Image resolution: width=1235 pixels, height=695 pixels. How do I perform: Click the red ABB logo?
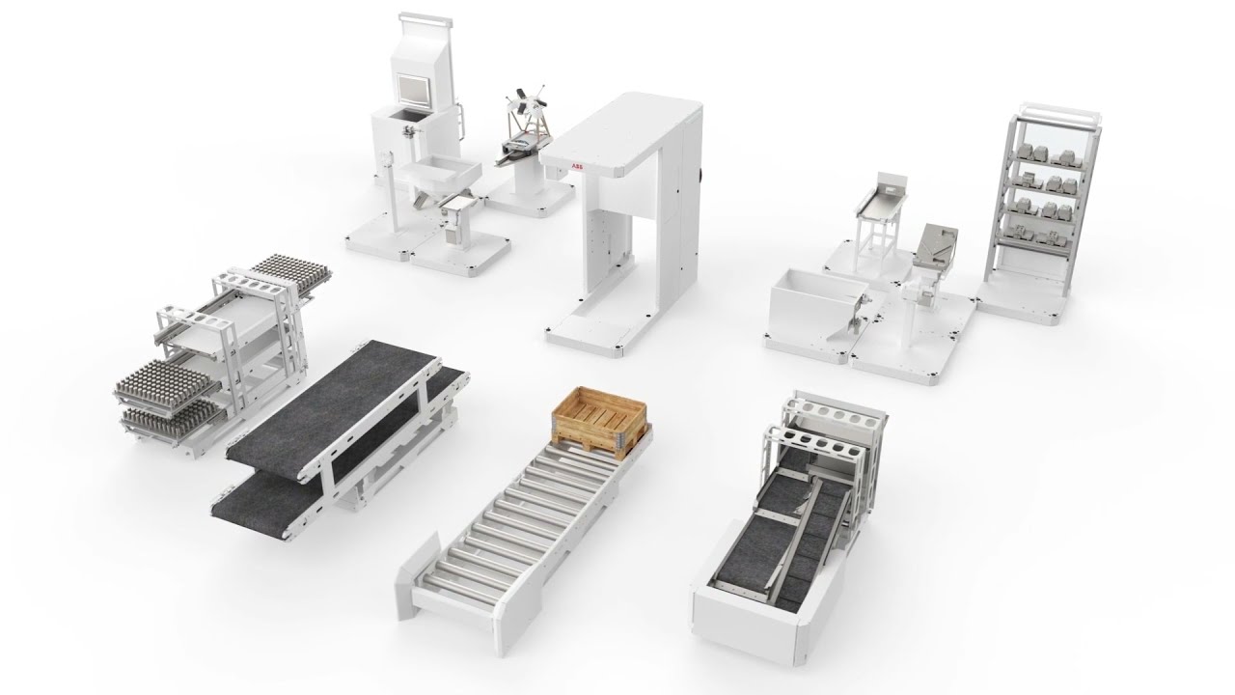(x=576, y=166)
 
